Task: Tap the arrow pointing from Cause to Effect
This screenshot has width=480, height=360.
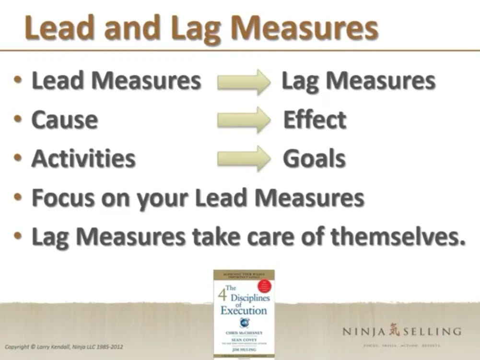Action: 244,120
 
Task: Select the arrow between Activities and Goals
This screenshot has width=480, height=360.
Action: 244,158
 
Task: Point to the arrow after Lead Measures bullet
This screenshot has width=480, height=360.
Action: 244,81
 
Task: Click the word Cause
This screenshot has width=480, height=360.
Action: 65,120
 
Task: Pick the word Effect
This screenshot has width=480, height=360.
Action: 315,120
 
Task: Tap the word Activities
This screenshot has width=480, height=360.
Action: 83,159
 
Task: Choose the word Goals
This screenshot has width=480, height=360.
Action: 314,159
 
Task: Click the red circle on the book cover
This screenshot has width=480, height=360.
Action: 264,286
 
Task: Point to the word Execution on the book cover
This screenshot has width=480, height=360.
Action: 244,311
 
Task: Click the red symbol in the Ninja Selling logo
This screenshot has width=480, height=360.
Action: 394,330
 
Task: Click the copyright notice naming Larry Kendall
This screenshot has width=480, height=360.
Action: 64,346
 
